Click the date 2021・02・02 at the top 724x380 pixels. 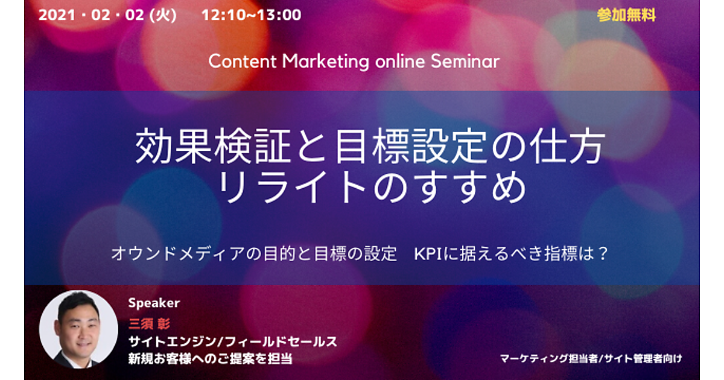(91, 15)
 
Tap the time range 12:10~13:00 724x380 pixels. (251, 15)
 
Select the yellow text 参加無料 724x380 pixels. (626, 15)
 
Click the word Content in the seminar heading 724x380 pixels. (243, 61)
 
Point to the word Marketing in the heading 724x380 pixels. (325, 62)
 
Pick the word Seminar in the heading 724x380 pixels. (465, 61)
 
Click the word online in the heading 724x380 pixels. (400, 61)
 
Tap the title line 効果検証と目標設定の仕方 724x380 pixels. (370, 146)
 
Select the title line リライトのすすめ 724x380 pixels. (372, 188)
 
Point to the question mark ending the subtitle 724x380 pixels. (603, 254)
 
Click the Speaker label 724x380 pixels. (154, 303)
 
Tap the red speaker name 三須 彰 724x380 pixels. (150, 324)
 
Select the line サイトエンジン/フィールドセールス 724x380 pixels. (233, 341)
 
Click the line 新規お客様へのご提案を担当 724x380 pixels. (211, 359)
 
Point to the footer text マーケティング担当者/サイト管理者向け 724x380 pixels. (591, 359)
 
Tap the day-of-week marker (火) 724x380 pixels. (163, 15)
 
